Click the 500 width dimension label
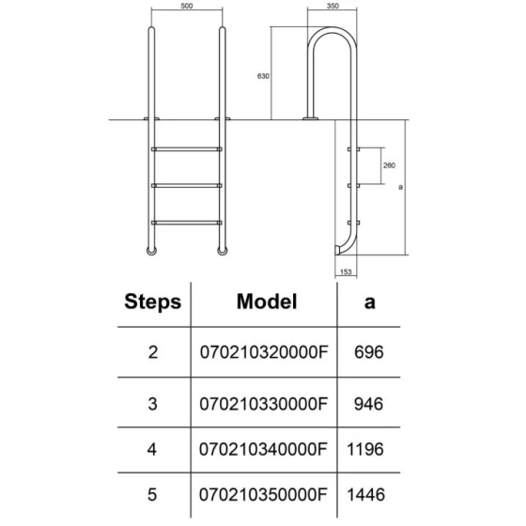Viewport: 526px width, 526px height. pyautogui.click(x=187, y=6)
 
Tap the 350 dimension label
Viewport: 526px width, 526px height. pyautogui.click(x=333, y=6)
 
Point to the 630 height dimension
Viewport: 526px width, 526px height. pyautogui.click(x=263, y=76)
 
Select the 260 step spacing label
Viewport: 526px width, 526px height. pyautogui.click(x=389, y=165)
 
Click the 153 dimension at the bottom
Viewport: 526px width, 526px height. pyautogui.click(x=346, y=271)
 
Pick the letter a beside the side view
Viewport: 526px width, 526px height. pyautogui.click(x=400, y=187)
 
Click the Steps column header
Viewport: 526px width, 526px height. pyautogui.click(x=152, y=302)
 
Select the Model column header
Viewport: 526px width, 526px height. pyautogui.click(x=267, y=302)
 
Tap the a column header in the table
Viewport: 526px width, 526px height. pyautogui.click(x=369, y=302)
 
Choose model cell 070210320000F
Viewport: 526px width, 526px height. pyautogui.click(x=264, y=352)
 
